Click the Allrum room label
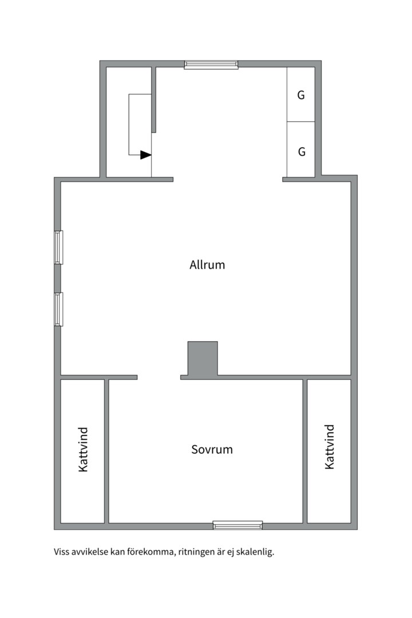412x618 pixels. click(x=207, y=265)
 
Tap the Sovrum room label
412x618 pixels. click(x=212, y=450)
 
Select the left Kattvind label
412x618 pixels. click(x=84, y=449)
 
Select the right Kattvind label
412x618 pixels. click(x=329, y=447)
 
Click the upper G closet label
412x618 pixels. click(x=301, y=96)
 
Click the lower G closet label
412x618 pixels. click(x=302, y=152)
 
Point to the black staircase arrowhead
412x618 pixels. click(x=145, y=154)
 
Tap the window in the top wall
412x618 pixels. click(x=211, y=65)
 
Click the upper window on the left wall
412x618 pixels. click(x=58, y=247)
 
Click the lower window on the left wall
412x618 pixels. click(x=58, y=309)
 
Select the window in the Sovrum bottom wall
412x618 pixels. click(x=237, y=525)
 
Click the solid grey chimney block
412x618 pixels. click(x=203, y=359)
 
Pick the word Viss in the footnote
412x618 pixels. click(x=62, y=553)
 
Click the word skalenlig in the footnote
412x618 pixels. click(x=256, y=553)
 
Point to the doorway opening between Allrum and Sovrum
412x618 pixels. click(x=159, y=377)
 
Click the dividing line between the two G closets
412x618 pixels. click(x=301, y=122)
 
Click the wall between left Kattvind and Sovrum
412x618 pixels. click(x=106, y=451)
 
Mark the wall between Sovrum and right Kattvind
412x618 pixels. click(x=305, y=451)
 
